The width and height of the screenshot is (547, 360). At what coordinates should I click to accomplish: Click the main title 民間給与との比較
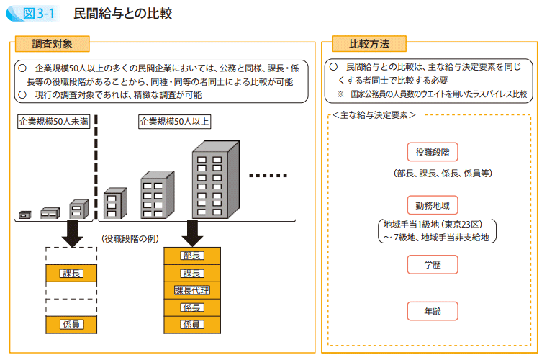(125, 14)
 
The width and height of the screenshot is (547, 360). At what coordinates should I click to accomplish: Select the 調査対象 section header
(53, 44)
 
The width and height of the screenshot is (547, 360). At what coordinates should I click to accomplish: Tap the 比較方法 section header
(369, 44)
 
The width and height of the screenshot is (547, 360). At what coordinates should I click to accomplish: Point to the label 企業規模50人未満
(54, 121)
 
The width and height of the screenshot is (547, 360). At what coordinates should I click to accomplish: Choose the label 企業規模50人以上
(175, 121)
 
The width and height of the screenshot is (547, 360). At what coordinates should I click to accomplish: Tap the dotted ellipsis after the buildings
(268, 175)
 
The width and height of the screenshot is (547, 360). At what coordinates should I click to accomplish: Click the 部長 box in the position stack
(192, 256)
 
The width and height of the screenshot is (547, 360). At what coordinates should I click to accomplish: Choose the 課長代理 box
(192, 290)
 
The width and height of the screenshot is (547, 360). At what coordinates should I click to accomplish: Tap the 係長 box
(192, 307)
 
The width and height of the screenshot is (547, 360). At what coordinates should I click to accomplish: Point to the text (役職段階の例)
(130, 238)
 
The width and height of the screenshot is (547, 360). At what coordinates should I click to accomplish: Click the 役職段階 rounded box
(432, 153)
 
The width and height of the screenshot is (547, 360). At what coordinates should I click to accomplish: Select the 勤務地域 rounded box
(432, 204)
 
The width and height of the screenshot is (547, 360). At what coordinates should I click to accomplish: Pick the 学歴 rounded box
(432, 264)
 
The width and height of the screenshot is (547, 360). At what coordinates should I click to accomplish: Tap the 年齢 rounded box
(432, 310)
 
